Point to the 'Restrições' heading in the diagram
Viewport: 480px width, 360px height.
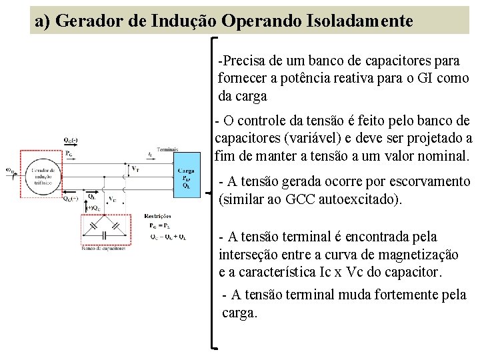pyautogui.click(x=157, y=216)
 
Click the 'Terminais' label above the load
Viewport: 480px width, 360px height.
pyautogui.click(x=167, y=149)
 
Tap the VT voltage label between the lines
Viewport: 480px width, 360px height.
pyautogui.click(x=135, y=168)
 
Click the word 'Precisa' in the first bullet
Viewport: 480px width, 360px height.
pyautogui.click(x=244, y=61)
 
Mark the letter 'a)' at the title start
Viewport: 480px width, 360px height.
pyautogui.click(x=43, y=21)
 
